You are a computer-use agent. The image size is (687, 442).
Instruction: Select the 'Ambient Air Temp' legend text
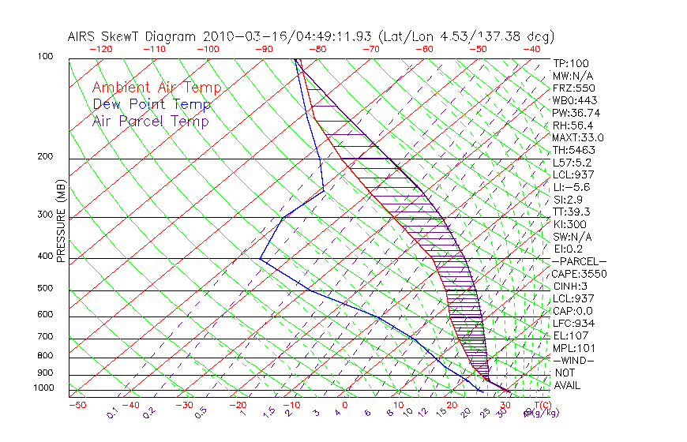[156, 88]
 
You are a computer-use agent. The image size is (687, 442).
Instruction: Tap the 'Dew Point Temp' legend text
[151, 104]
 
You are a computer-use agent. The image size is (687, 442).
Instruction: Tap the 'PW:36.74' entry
[576, 113]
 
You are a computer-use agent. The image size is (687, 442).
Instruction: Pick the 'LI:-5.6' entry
[572, 187]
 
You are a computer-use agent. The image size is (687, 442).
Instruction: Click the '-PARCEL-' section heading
[579, 261]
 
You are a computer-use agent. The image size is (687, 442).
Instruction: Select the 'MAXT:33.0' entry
[578, 137]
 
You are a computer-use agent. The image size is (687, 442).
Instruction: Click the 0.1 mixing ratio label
[112, 413]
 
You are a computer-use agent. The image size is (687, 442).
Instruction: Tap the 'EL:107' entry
[571, 335]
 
